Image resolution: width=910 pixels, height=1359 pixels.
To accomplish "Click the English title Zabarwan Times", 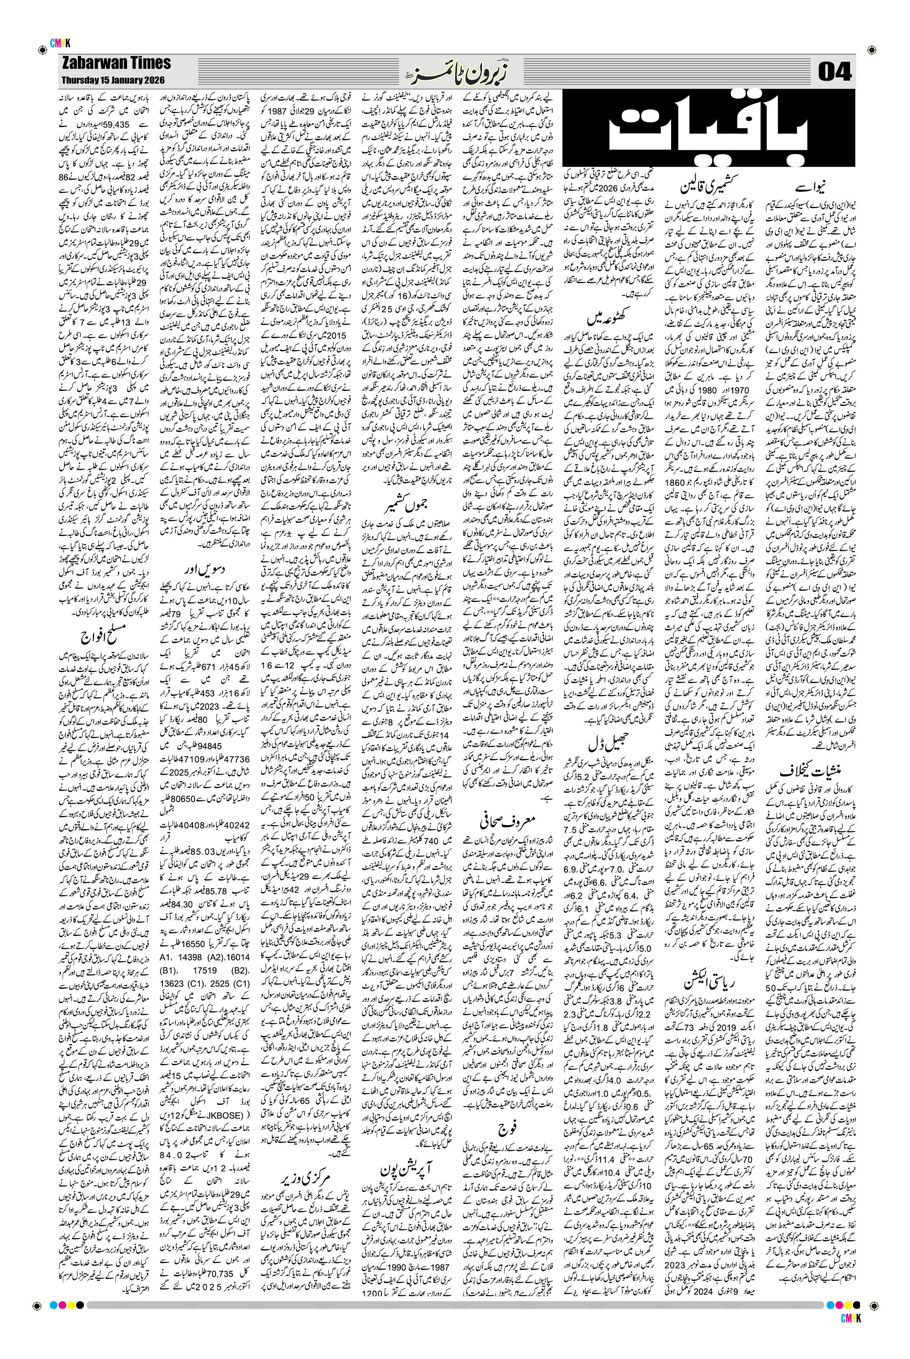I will coord(115,63).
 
